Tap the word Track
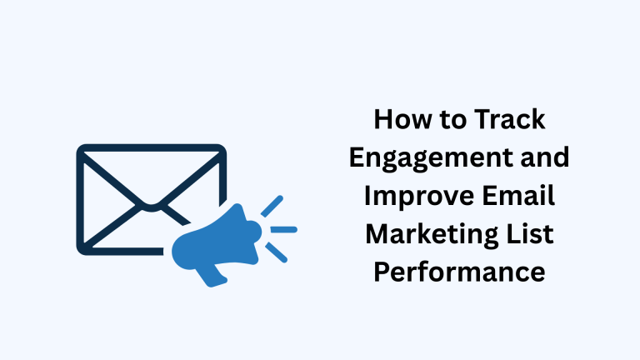point(510,119)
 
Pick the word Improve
point(418,197)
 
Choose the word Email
point(518,196)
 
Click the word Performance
point(460,272)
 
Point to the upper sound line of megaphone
point(272,206)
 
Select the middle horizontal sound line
point(284,230)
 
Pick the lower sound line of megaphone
point(277,252)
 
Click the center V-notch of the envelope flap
point(152,207)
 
